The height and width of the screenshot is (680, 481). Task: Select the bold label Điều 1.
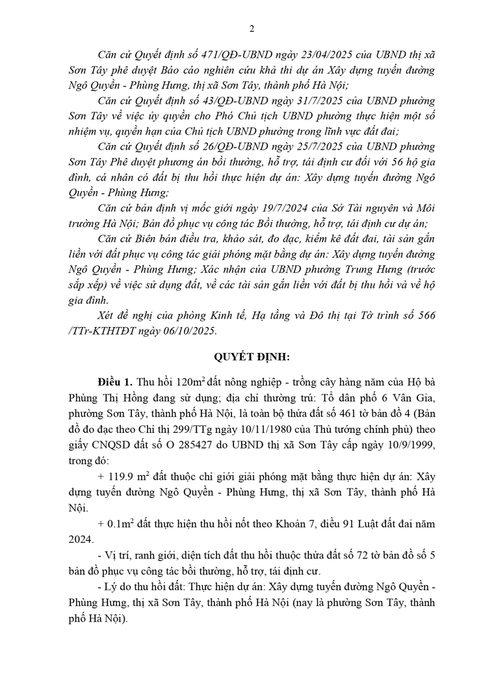point(114,378)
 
